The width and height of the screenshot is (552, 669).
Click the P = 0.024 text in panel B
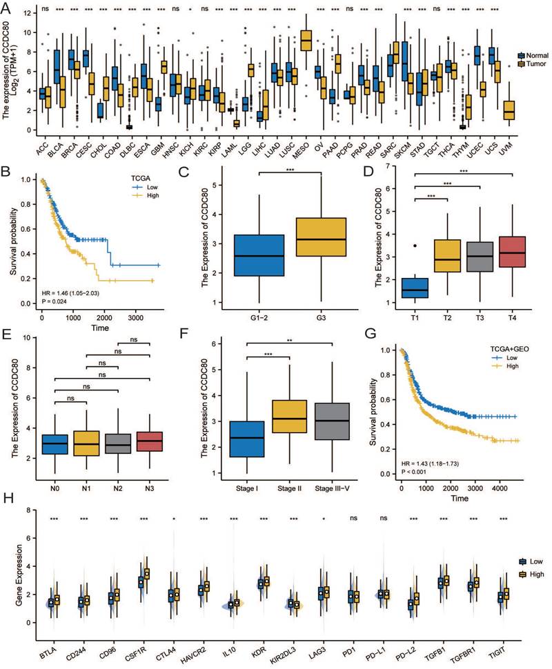[x=53, y=300]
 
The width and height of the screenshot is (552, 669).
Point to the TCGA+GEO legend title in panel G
[x=497, y=349]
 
